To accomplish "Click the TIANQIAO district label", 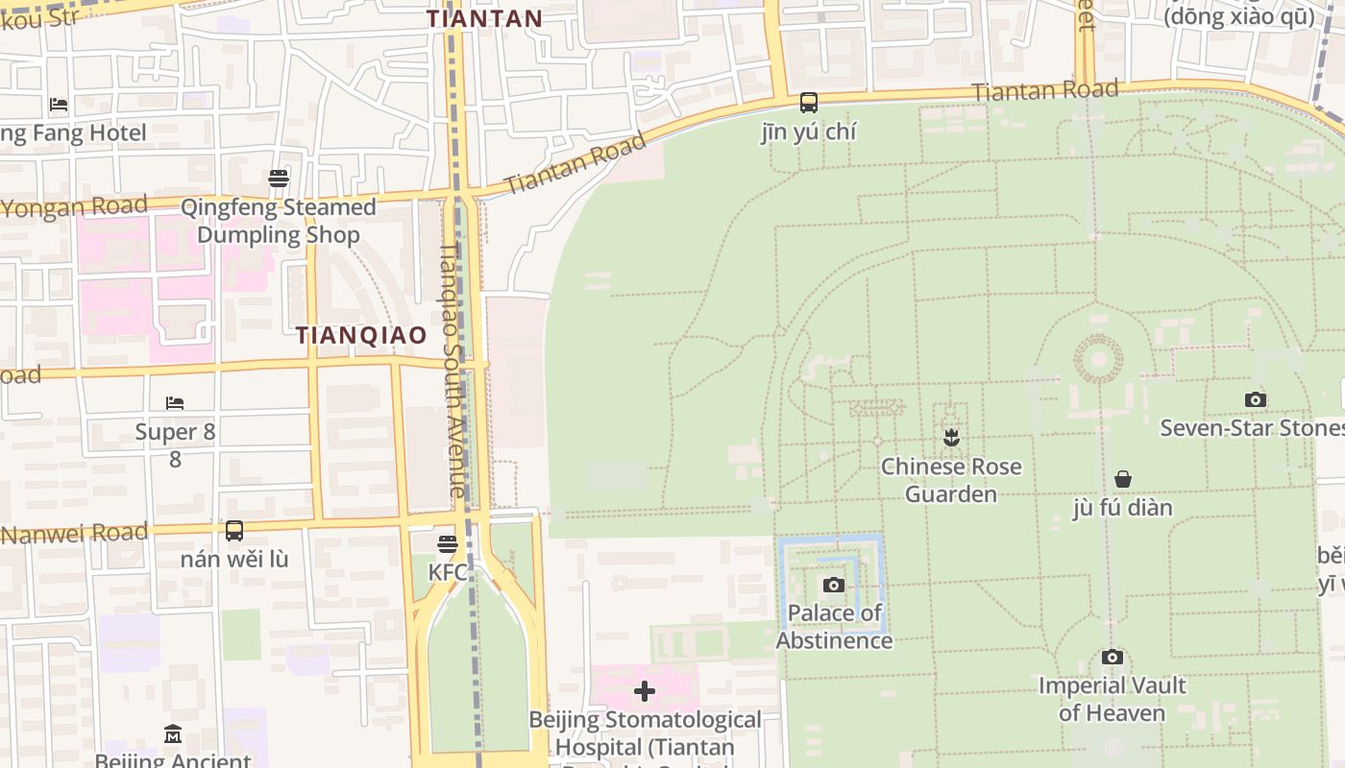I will click(361, 335).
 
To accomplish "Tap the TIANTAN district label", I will click(485, 18).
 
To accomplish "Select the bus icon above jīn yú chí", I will click(809, 102).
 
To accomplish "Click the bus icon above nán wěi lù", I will click(234, 530).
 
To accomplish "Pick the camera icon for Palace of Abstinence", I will click(834, 585).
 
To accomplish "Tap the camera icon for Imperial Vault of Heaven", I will click(1113, 658).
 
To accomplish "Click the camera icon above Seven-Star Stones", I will click(1255, 399).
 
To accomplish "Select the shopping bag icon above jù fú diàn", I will click(1122, 478).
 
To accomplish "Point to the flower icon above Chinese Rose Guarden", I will click(951, 438).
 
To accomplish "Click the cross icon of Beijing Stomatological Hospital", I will click(645, 691).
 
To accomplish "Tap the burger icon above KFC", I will click(448, 544).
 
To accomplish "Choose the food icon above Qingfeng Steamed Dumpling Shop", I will click(279, 179).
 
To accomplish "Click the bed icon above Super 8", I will click(175, 403).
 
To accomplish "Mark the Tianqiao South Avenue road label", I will click(452, 371).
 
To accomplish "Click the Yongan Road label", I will click(75, 206).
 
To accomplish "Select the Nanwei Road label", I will click(75, 533).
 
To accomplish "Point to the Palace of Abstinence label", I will click(834, 627).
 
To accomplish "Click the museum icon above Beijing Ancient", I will click(173, 734).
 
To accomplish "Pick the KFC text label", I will click(448, 573).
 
